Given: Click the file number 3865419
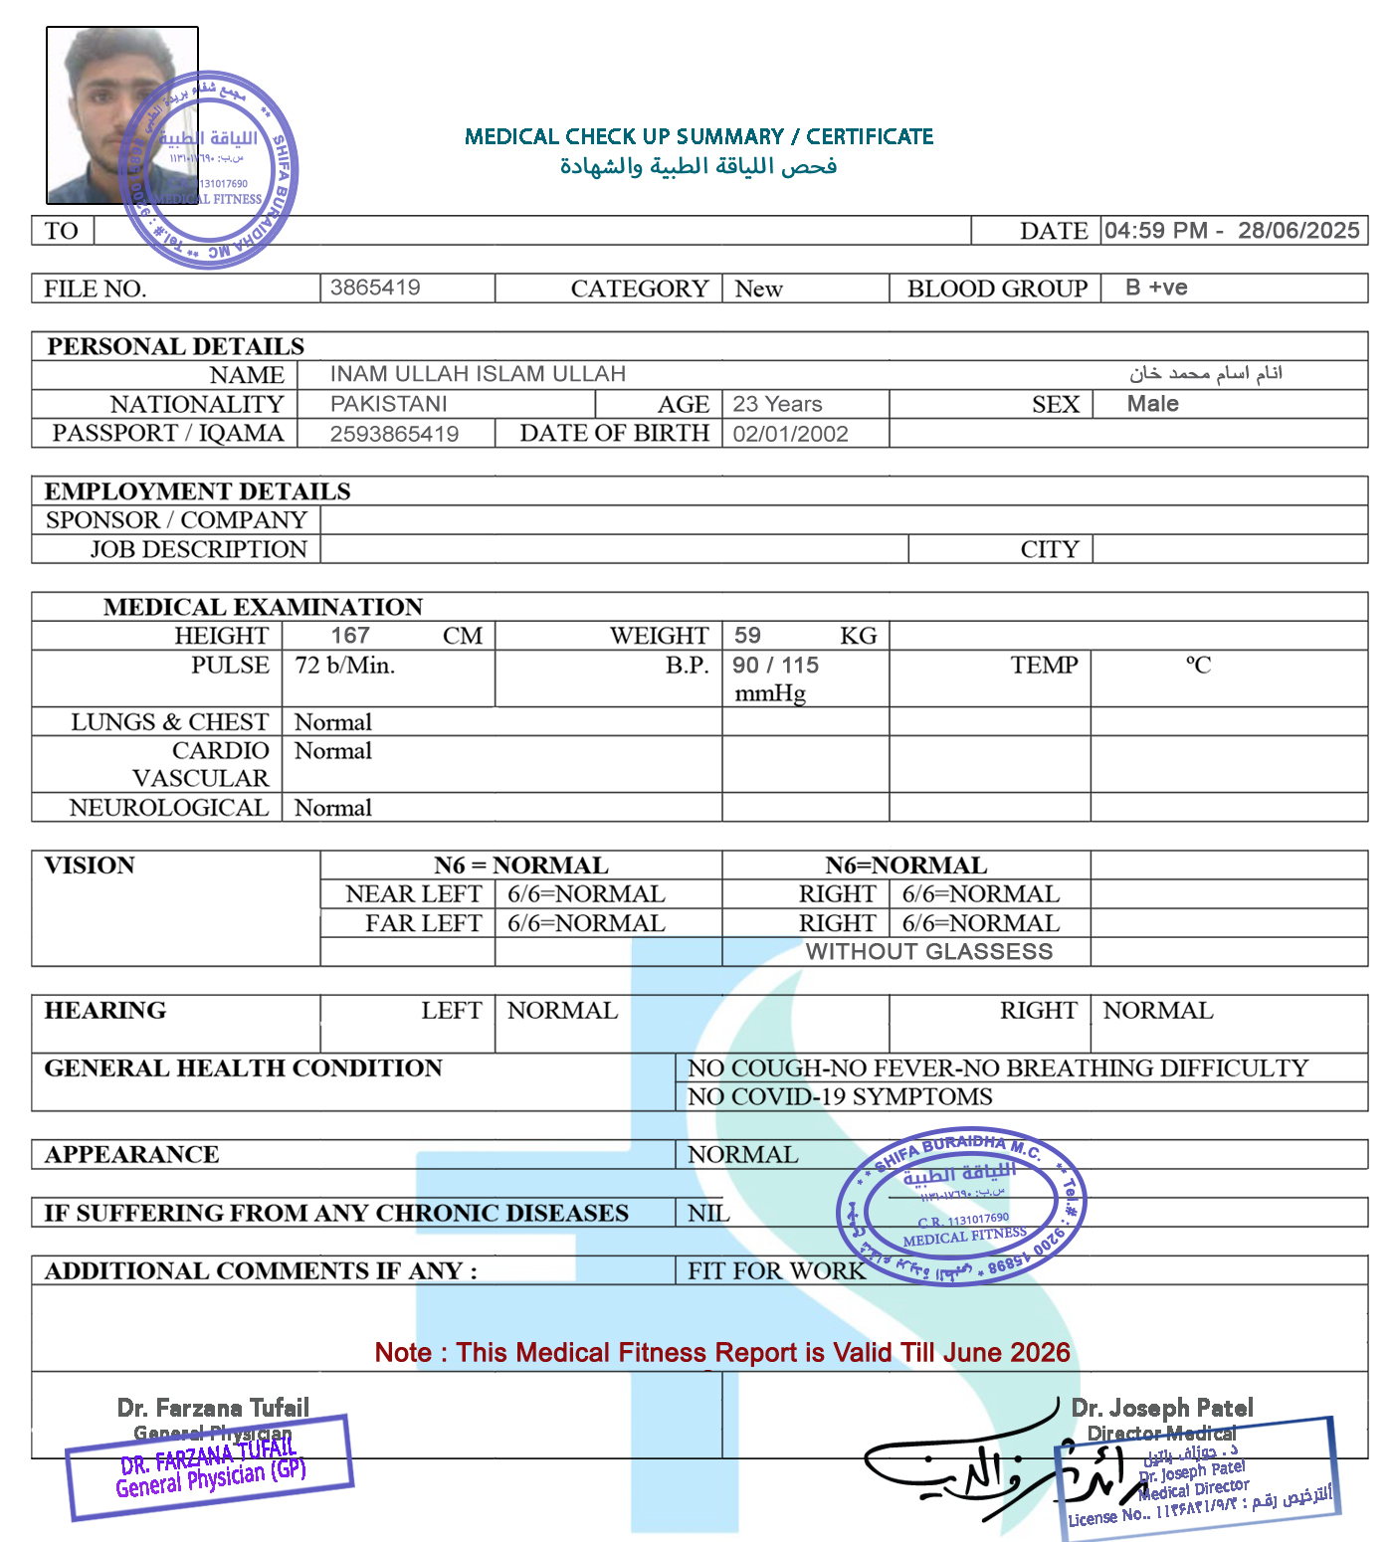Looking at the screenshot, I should coord(375,288).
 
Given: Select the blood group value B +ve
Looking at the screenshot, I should coord(1156,288).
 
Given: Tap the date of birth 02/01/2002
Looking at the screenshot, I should coord(790,434).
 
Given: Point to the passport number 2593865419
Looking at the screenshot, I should coord(394,434).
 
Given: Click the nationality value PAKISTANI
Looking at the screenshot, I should coord(388,404).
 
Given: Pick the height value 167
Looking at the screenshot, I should coord(350,636).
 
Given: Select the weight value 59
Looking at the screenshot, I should coord(747,636).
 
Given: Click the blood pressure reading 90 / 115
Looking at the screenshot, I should coord(775,665).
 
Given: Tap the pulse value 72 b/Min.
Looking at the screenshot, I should coord(344,665).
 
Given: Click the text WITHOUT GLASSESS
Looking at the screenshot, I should coord(928,952).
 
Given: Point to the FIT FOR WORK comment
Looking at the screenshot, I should coord(776,1270).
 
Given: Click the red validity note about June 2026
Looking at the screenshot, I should coord(722,1352).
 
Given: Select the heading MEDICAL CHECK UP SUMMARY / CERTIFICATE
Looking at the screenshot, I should coord(698,136).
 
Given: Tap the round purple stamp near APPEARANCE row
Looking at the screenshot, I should coord(961,1206).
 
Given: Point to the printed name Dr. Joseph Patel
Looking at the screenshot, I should coord(1161,1408).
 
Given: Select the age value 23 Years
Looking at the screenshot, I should coord(777,404).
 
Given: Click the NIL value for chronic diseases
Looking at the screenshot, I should coord(708,1213).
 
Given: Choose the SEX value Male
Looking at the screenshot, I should coord(1152,404).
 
